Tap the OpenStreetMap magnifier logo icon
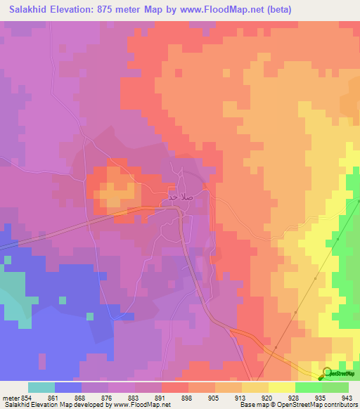pyautogui.click(x=327, y=373)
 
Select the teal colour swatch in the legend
pyautogui.click(x=41, y=387)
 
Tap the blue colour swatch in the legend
pyautogui.click(x=68, y=387)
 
